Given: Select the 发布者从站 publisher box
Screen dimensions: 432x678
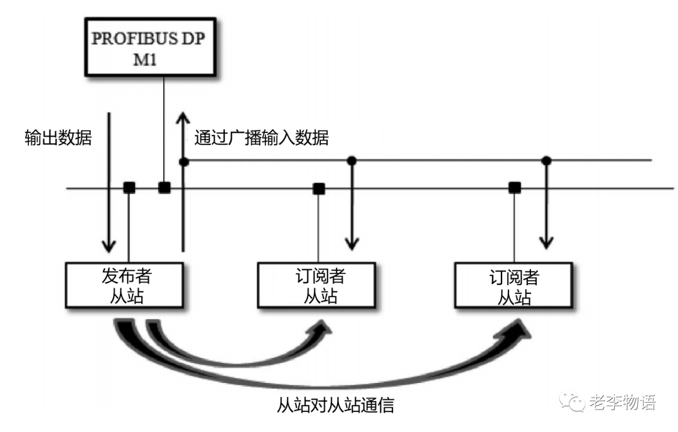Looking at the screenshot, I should point(126,285).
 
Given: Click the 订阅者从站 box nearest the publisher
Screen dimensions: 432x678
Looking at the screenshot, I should point(320,285).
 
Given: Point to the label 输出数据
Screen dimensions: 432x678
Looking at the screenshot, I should point(58,138).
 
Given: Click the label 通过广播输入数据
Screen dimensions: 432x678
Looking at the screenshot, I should point(261,138).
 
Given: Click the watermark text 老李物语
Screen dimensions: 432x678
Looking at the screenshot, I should point(622,402).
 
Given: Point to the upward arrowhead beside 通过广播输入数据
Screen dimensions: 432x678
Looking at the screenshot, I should point(183,118).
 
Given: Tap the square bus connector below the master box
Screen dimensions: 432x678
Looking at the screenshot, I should point(164,187).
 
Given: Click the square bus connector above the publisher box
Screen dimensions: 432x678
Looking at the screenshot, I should point(129,187).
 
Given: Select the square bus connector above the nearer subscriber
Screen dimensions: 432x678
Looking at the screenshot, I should point(319,187).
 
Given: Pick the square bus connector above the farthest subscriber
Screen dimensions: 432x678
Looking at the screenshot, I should point(515,187).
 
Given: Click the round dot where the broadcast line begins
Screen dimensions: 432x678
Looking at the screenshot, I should point(183,161).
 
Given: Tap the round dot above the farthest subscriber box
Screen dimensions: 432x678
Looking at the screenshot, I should point(547,161).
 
